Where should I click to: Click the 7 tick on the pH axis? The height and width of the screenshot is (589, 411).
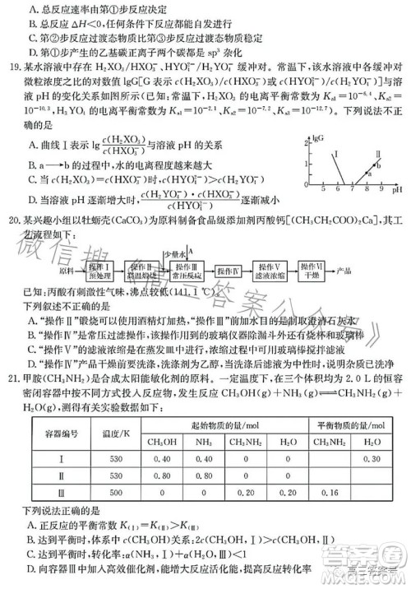point(351,189)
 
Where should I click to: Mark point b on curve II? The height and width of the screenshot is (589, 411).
point(375,165)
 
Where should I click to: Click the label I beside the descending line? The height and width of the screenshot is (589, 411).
point(337,154)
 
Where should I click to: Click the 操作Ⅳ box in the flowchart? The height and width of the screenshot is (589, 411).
point(226,268)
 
